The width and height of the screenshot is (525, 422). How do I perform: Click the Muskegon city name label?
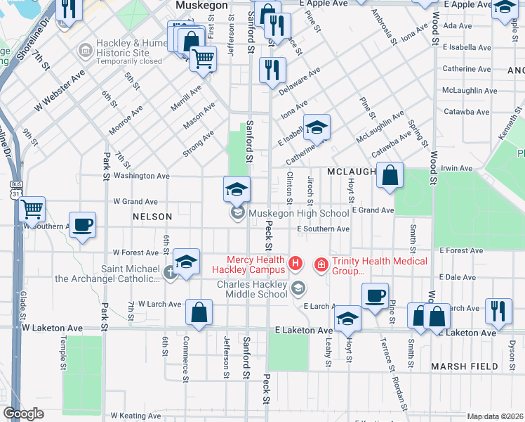click(201, 6)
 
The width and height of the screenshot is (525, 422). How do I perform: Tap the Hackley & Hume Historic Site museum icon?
click(85, 50)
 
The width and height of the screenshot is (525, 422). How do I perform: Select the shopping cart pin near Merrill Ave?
click(203, 58)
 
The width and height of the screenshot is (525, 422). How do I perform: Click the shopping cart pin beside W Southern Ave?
click(32, 208)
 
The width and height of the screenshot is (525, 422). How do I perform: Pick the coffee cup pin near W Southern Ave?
click(82, 224)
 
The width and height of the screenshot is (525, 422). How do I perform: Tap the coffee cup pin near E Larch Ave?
click(375, 295)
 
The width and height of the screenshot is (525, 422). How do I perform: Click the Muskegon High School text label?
click(298, 213)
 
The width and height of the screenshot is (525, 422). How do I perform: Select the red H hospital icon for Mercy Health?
click(295, 264)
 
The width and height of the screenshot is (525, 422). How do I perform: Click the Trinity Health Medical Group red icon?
click(321, 264)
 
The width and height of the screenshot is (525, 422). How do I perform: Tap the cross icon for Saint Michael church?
click(168, 272)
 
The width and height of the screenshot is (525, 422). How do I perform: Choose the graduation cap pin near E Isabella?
click(317, 127)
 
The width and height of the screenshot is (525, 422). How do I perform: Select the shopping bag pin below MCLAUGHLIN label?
click(390, 174)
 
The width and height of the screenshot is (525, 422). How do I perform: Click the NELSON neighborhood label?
click(152, 217)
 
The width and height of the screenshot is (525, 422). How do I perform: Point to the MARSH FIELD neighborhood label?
click(464, 366)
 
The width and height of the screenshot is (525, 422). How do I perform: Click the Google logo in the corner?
click(23, 414)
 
